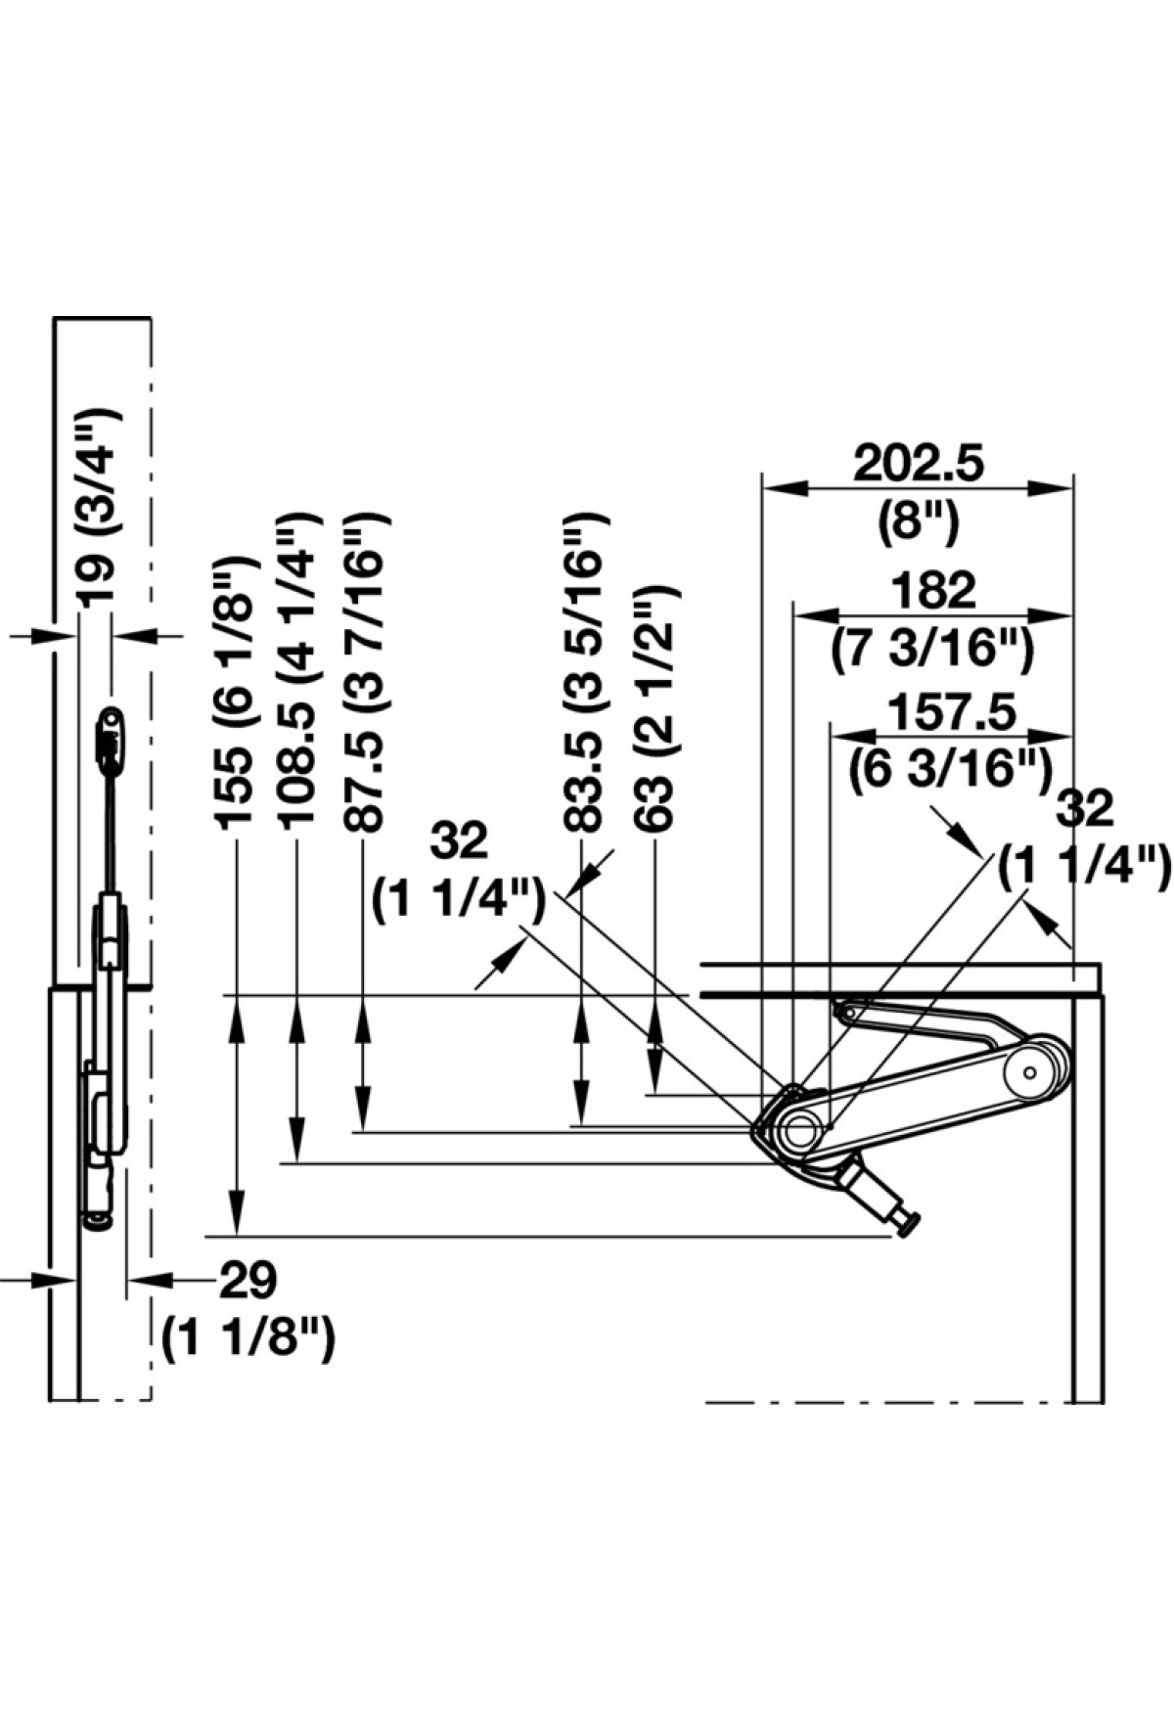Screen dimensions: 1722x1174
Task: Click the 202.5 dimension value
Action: click(x=918, y=464)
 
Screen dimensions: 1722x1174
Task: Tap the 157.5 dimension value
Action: click(x=946, y=710)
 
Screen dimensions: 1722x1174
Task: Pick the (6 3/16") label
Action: click(x=945, y=769)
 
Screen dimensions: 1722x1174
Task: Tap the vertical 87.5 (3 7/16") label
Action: click(x=365, y=673)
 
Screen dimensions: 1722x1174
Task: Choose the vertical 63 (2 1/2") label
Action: click(x=654, y=708)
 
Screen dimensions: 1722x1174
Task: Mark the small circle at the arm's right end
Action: click(x=1029, y=1073)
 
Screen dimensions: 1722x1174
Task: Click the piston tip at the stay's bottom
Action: click(x=911, y=1225)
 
